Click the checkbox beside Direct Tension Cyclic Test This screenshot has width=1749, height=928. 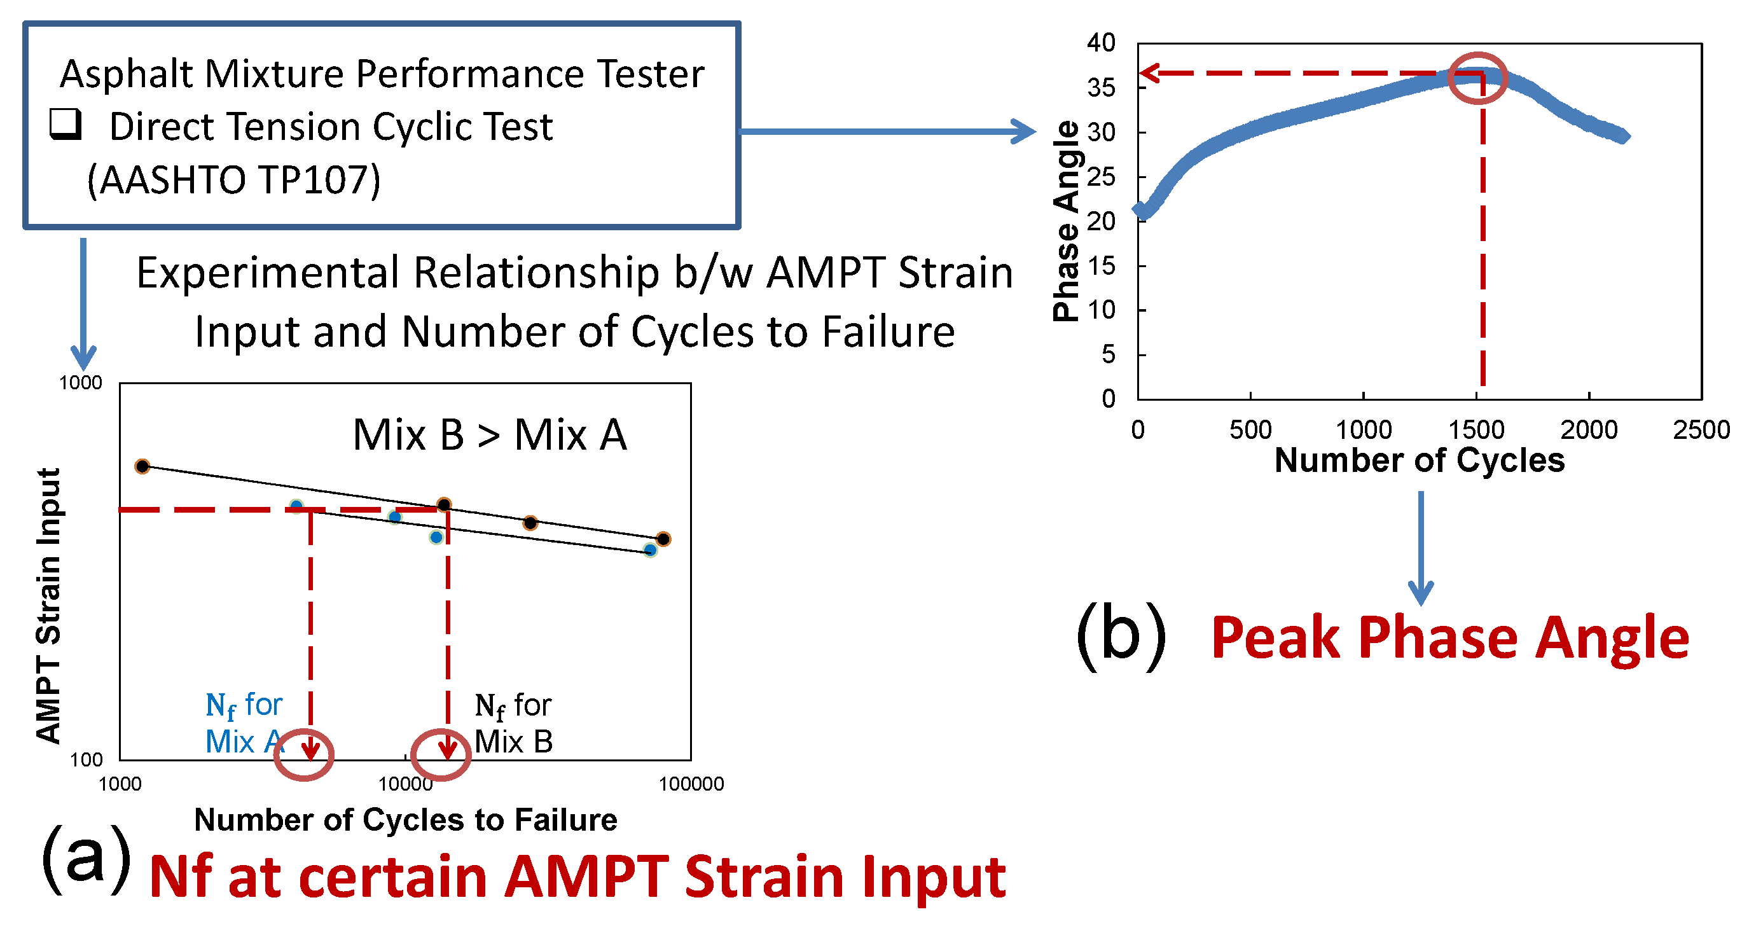[66, 124]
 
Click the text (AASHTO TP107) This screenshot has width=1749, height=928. [233, 180]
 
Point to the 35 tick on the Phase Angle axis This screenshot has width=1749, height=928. [1100, 88]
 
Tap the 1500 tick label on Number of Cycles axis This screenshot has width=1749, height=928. [1476, 431]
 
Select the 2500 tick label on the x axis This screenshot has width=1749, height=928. [1701, 431]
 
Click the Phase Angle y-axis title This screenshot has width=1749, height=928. [1066, 221]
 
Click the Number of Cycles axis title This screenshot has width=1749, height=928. [1419, 461]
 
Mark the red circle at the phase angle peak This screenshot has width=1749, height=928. [1477, 78]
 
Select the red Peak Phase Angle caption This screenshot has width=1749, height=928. [1449, 638]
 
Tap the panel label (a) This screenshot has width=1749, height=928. [86, 858]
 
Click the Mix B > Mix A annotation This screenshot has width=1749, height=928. [490, 434]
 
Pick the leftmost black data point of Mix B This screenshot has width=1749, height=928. [142, 466]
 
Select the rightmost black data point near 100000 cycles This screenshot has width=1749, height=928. [663, 539]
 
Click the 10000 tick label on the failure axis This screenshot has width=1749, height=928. [405, 784]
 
